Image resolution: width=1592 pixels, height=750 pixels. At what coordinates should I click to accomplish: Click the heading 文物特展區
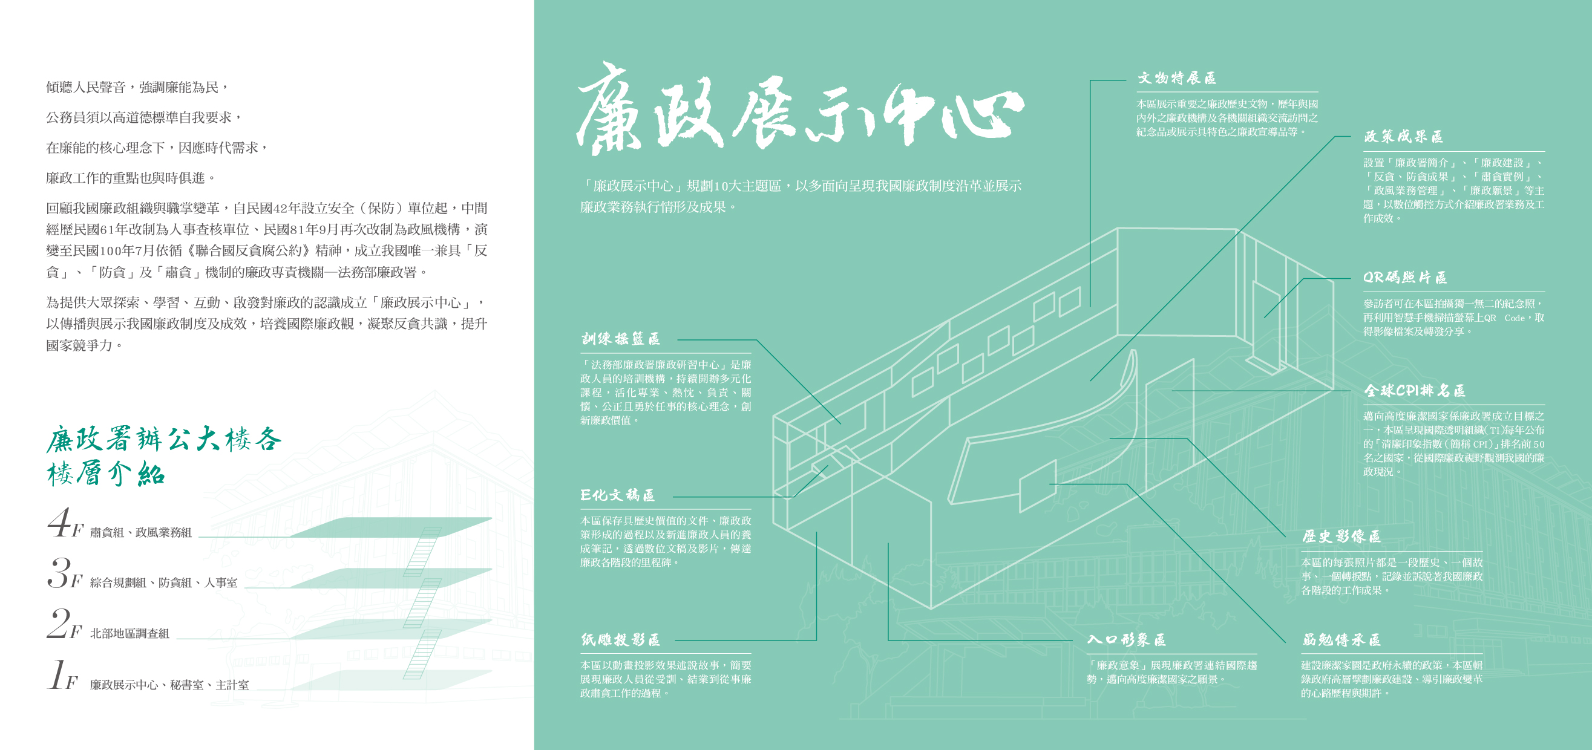click(1177, 78)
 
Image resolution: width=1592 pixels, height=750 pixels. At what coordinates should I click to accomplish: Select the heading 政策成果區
click(1403, 137)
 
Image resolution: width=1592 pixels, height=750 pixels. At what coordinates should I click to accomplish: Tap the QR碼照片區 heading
click(1405, 278)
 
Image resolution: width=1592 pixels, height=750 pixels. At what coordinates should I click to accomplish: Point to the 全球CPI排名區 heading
click(1414, 391)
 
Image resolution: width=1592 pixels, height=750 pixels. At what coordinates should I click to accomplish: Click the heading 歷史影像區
click(1341, 536)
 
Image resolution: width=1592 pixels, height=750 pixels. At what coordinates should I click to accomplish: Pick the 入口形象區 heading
click(1127, 640)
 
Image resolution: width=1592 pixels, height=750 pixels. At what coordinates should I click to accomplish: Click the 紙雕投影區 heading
click(620, 640)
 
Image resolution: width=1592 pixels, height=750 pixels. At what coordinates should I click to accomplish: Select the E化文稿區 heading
click(617, 495)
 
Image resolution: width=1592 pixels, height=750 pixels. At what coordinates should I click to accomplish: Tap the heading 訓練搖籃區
click(620, 339)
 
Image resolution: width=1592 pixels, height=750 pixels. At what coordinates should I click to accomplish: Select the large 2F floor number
click(64, 625)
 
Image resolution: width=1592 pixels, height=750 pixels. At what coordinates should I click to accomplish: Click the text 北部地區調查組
click(129, 634)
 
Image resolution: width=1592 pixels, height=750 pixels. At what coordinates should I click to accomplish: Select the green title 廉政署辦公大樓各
click(164, 439)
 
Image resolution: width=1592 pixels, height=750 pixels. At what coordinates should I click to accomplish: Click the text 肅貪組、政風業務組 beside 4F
click(141, 532)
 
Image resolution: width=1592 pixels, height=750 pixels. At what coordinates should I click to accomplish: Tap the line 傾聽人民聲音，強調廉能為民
click(137, 88)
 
